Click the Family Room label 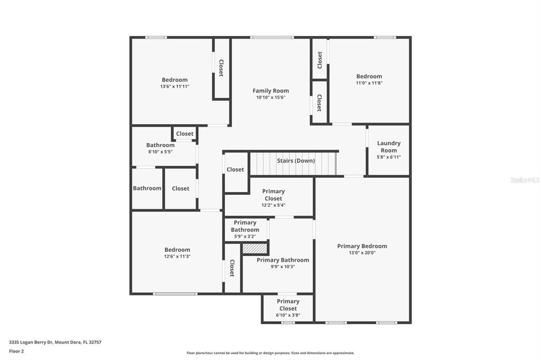coord(270,91)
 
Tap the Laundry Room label coord(388,147)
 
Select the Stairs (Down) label coord(296,160)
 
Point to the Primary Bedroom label coord(362,246)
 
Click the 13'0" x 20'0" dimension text coord(362,253)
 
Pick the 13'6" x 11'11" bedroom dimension coord(174,87)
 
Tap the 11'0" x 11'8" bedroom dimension coord(369,83)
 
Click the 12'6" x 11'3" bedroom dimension coord(177,257)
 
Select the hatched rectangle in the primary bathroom coord(255,248)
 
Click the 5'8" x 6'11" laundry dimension coord(388,157)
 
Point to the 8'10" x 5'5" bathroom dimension coord(160,152)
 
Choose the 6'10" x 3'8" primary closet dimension coord(288,315)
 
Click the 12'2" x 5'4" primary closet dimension coord(273,205)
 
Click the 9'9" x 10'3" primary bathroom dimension coord(283,267)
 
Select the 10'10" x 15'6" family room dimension coord(270,98)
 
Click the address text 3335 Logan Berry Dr coord(55,342)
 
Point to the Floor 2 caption coord(16,351)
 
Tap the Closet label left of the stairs coord(235,169)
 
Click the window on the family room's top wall coord(272,37)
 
